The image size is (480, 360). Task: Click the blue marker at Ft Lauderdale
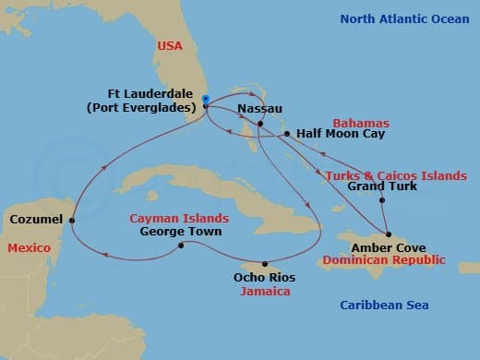coord(205,100)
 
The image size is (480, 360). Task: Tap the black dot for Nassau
coord(260,124)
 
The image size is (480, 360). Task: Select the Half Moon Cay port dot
coord(287,134)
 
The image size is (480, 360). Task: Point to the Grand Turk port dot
coord(382,199)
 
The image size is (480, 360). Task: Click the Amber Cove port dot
coord(389,234)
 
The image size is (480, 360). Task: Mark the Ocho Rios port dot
coord(264,262)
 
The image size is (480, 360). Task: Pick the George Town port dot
coord(181,245)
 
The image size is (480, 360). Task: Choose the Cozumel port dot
coord(72,220)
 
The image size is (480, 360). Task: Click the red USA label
coord(169,44)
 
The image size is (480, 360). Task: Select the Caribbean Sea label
coord(383,306)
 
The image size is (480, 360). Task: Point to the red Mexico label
coord(28,248)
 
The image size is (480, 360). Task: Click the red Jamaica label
coord(264,291)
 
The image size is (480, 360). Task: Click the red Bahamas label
coord(361,123)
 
